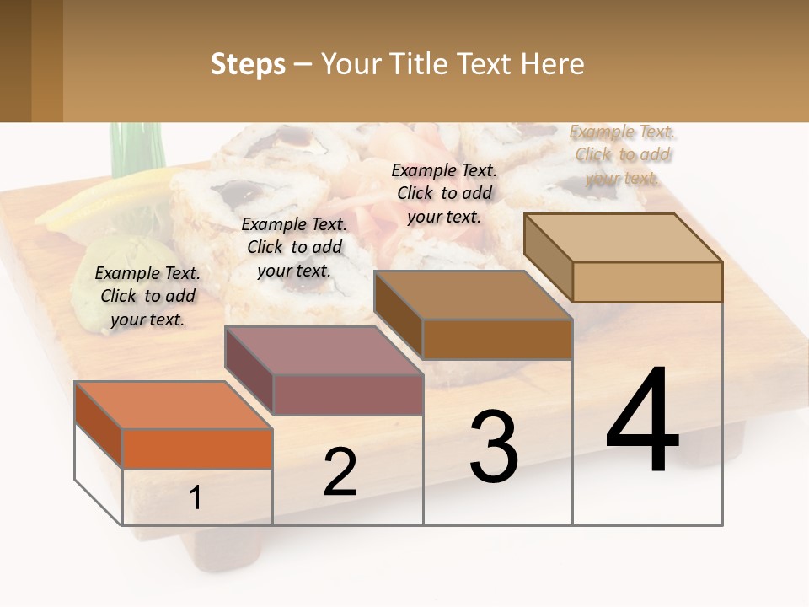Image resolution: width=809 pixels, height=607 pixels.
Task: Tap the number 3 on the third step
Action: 493,447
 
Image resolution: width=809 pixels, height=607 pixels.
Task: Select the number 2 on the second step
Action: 340,472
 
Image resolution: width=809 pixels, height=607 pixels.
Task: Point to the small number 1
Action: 195,498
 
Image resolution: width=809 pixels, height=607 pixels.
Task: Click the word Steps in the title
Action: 248,64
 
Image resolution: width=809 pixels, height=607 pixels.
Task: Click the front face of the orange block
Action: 197,449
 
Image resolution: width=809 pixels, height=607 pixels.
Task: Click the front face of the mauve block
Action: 348,395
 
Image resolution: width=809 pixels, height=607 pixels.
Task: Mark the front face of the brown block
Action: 497,339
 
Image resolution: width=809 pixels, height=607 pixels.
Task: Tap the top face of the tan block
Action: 624,238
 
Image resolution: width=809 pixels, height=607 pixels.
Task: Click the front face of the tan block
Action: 647,282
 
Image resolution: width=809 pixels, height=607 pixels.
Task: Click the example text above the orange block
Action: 147,296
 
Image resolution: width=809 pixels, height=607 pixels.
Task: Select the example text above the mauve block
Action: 294,247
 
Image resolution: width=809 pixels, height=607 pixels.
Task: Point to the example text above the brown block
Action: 444,193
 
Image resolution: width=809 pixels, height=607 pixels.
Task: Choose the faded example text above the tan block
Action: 623,154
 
